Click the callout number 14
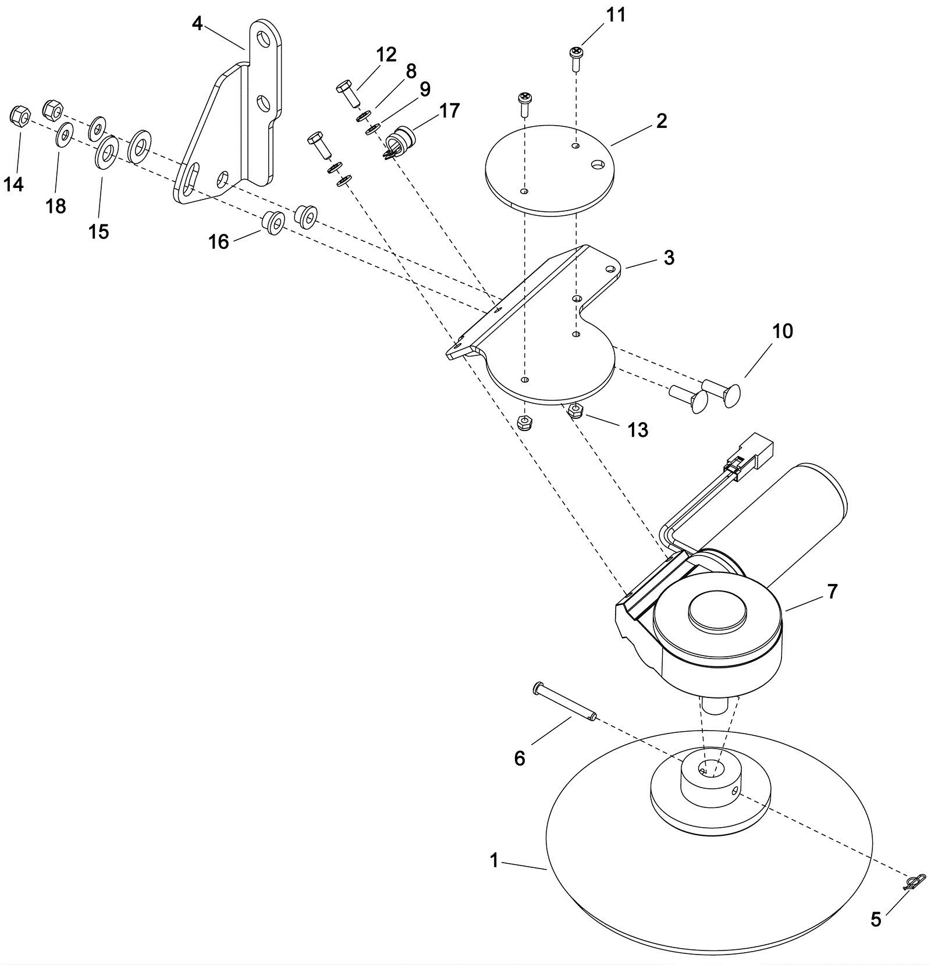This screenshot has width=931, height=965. [14, 184]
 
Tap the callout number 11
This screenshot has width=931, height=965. [616, 15]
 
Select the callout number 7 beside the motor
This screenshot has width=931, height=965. [832, 591]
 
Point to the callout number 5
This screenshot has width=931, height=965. [876, 920]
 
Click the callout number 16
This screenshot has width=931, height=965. [219, 241]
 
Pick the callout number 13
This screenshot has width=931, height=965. [638, 430]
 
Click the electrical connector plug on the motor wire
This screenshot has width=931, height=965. [755, 451]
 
